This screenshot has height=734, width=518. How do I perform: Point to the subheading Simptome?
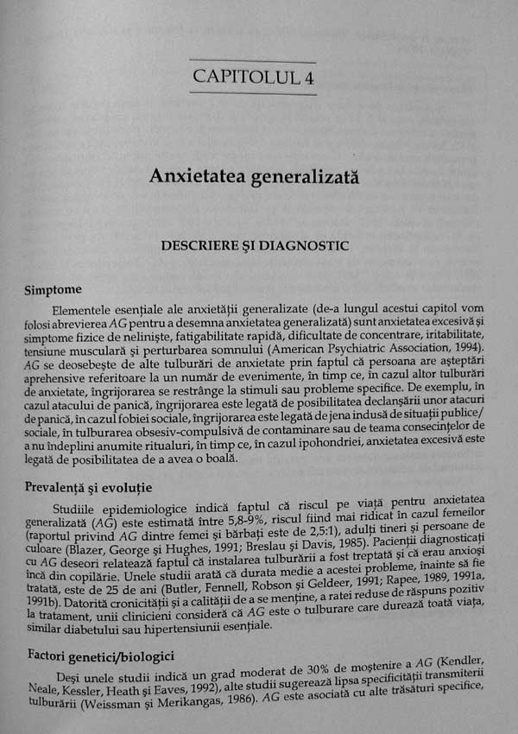(x=54, y=291)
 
